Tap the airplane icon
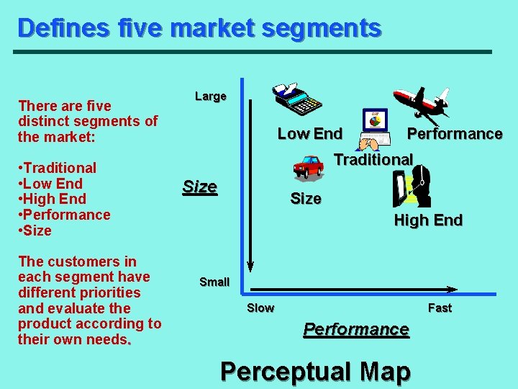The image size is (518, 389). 421,101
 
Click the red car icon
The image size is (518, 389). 309,166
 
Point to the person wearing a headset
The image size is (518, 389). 413,187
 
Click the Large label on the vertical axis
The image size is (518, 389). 211,96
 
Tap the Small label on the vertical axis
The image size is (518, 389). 214,282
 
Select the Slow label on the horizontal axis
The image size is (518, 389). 260,308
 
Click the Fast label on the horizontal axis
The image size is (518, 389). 440,308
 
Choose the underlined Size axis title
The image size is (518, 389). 200,187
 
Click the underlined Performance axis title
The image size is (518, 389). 356,329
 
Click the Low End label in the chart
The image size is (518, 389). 310,133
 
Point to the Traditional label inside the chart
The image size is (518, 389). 373,159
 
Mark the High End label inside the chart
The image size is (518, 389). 428,220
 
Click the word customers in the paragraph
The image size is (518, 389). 78,261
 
